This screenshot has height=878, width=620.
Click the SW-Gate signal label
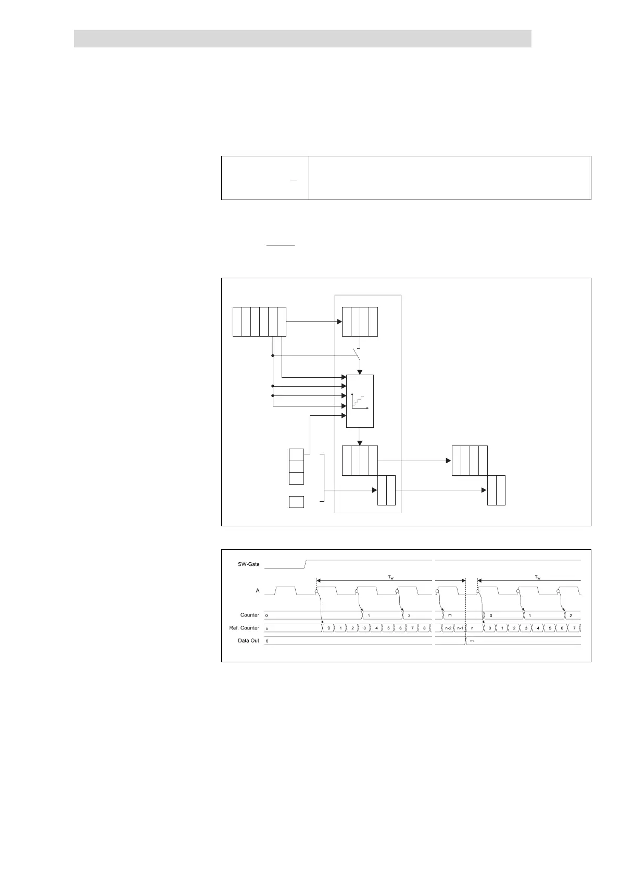point(248,564)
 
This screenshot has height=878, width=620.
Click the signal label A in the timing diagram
point(258,591)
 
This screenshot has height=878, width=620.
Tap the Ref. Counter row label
point(244,628)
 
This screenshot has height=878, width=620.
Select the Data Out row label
point(248,640)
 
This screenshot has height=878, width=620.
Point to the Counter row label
point(250,615)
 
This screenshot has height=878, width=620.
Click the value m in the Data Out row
point(472,640)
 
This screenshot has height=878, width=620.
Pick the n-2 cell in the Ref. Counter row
point(448,628)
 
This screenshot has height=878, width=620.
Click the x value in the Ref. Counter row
point(267,628)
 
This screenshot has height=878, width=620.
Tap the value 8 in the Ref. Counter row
point(424,628)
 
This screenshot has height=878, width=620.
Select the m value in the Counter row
point(450,615)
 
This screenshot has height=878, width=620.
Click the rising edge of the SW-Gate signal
point(306,563)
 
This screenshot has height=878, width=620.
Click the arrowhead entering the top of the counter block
point(360,372)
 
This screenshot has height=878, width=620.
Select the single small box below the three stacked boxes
point(296,502)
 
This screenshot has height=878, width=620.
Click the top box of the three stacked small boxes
point(296,454)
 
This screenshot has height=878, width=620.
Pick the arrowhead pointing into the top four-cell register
point(339,321)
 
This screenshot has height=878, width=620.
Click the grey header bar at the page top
point(302,39)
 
